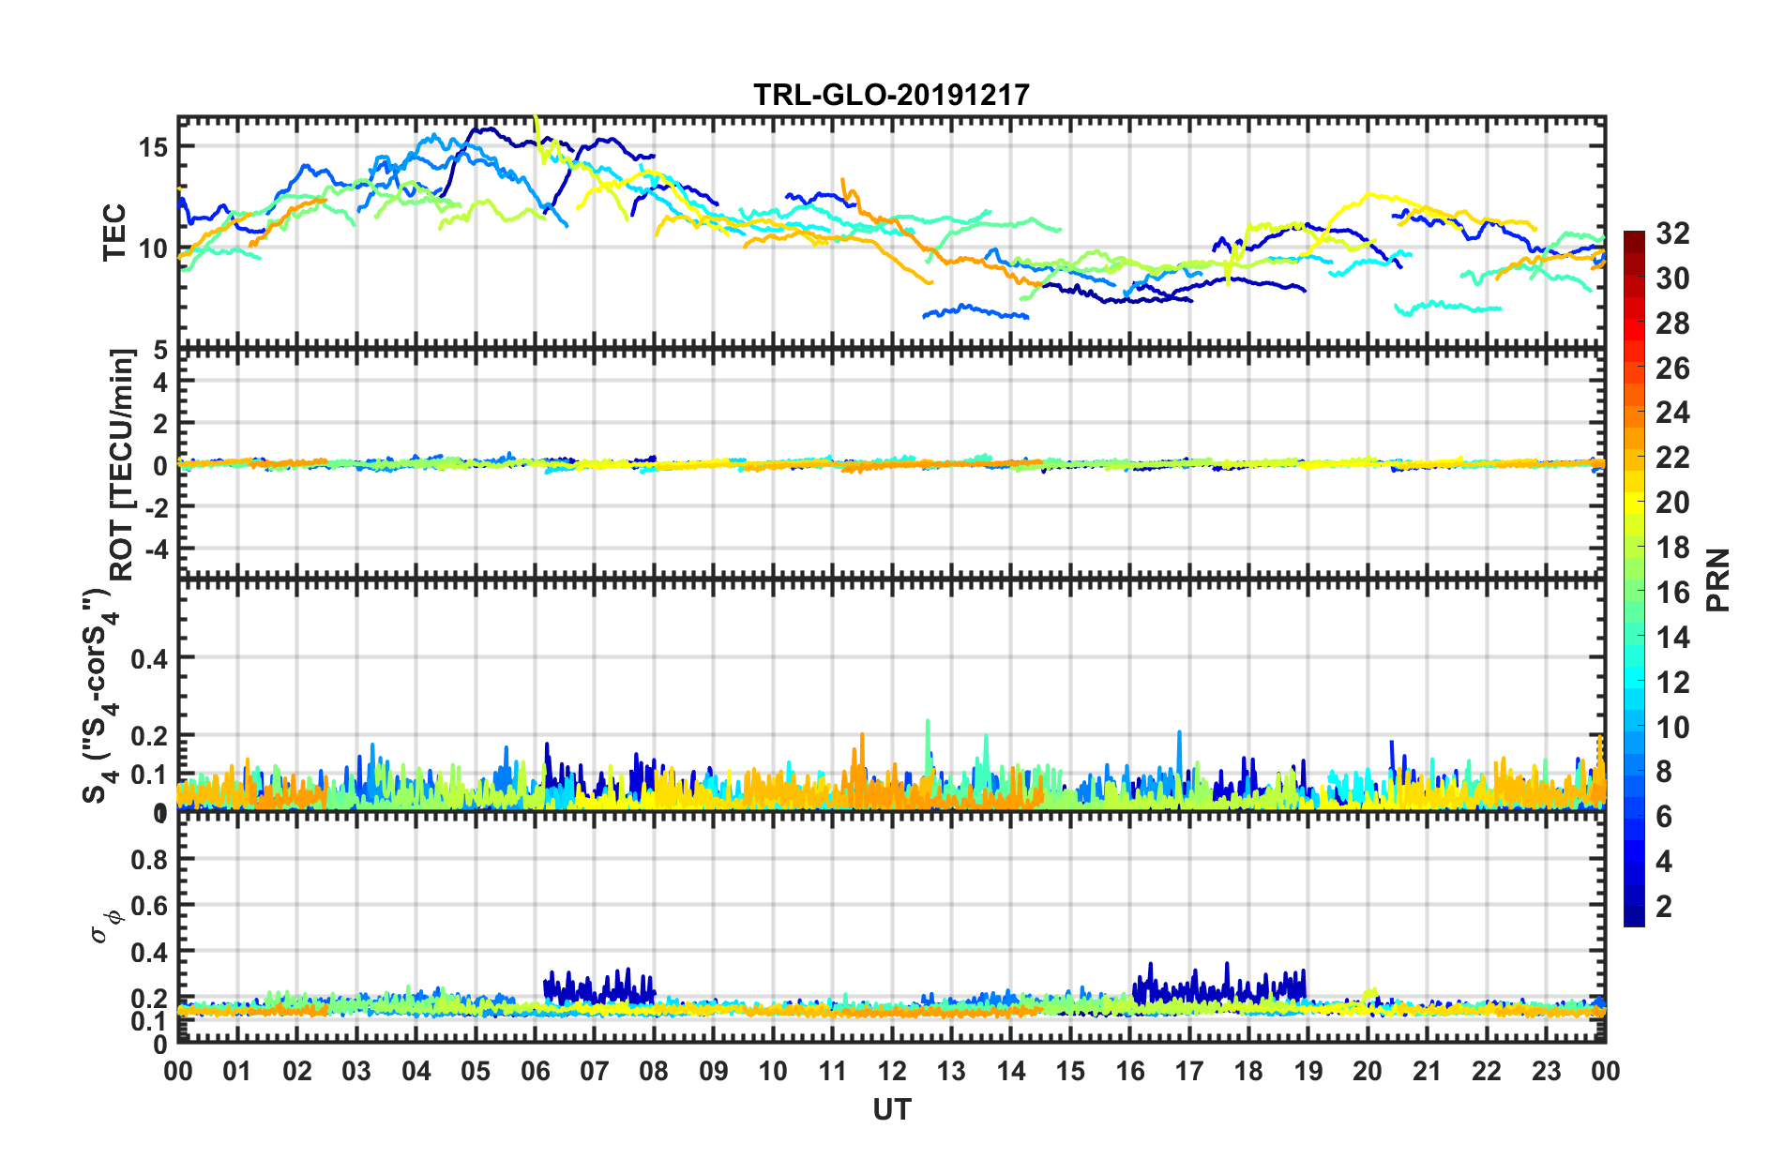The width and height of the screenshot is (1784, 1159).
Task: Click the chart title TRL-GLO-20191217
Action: coord(891,95)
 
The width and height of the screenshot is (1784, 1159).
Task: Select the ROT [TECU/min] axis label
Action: coord(122,464)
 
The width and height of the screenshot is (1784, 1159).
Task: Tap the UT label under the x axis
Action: coord(891,1110)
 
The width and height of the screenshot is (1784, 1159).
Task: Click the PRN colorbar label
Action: coord(1718,579)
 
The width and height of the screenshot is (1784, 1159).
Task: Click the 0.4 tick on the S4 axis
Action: coord(149,659)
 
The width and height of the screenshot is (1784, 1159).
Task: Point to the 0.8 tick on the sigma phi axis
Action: coord(149,860)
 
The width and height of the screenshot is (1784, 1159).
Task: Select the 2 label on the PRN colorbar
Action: coord(1664,907)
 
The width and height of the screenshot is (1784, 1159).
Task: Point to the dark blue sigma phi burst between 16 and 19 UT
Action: coord(1219,987)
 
